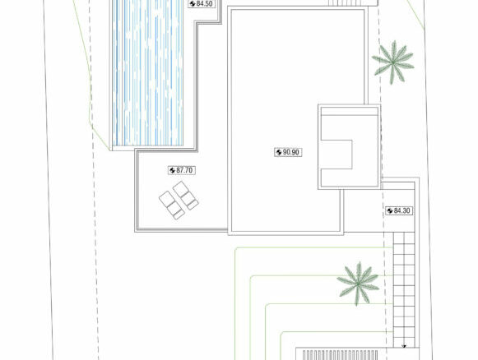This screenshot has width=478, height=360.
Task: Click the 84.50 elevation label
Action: (201, 3)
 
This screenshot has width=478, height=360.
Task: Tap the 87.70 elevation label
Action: (181, 170)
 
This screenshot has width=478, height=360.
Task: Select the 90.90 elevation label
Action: (288, 152)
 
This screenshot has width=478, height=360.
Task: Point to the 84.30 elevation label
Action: (399, 210)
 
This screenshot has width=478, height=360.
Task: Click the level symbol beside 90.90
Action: (279, 152)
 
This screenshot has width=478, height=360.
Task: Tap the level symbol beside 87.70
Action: (172, 171)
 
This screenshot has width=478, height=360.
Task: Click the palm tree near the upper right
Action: (393, 62)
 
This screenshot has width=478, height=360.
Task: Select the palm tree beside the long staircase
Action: (358, 284)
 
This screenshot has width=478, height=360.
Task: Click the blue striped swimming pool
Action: (148, 73)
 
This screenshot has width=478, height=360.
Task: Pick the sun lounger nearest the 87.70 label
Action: (186, 196)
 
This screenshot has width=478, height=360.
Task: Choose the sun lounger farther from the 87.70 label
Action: (172, 205)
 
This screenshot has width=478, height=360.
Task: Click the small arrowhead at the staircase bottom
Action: (404, 346)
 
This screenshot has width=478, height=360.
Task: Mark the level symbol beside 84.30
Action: (390, 210)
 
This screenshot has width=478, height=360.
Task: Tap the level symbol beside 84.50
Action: (193, 3)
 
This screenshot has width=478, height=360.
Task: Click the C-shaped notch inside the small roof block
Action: (336, 155)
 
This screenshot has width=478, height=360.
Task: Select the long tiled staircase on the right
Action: (404, 289)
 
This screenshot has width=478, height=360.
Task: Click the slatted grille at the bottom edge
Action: (341, 355)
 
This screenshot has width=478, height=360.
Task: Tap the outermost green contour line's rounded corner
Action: (237, 250)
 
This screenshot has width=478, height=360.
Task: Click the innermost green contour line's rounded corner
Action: (282, 334)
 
